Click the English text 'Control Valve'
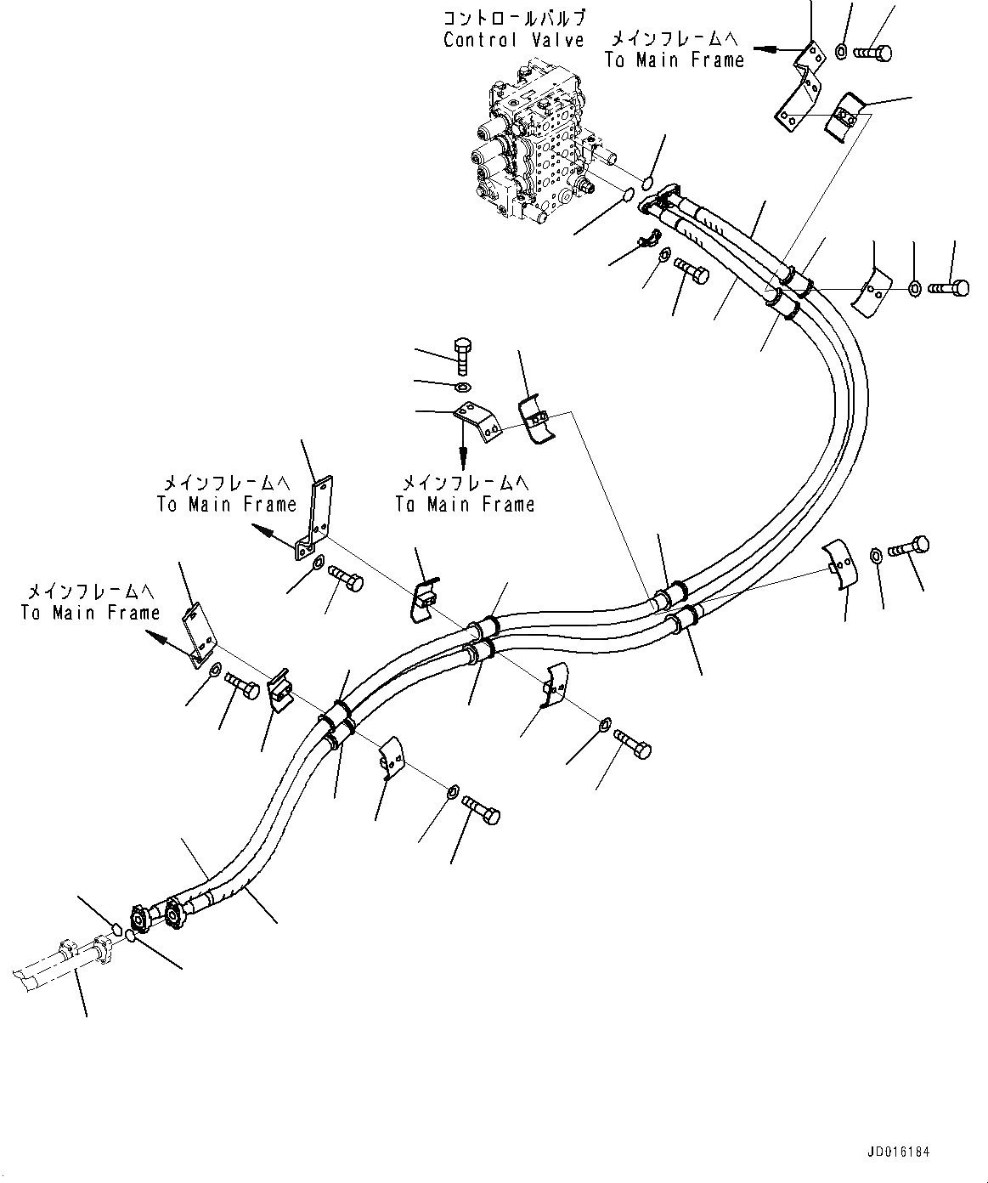(513, 40)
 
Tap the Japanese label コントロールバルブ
(515, 18)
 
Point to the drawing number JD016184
(899, 1152)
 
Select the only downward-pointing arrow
(462, 446)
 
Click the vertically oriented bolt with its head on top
(461, 356)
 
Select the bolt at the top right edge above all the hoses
(872, 54)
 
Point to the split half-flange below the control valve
(652, 241)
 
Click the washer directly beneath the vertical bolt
(463, 388)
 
